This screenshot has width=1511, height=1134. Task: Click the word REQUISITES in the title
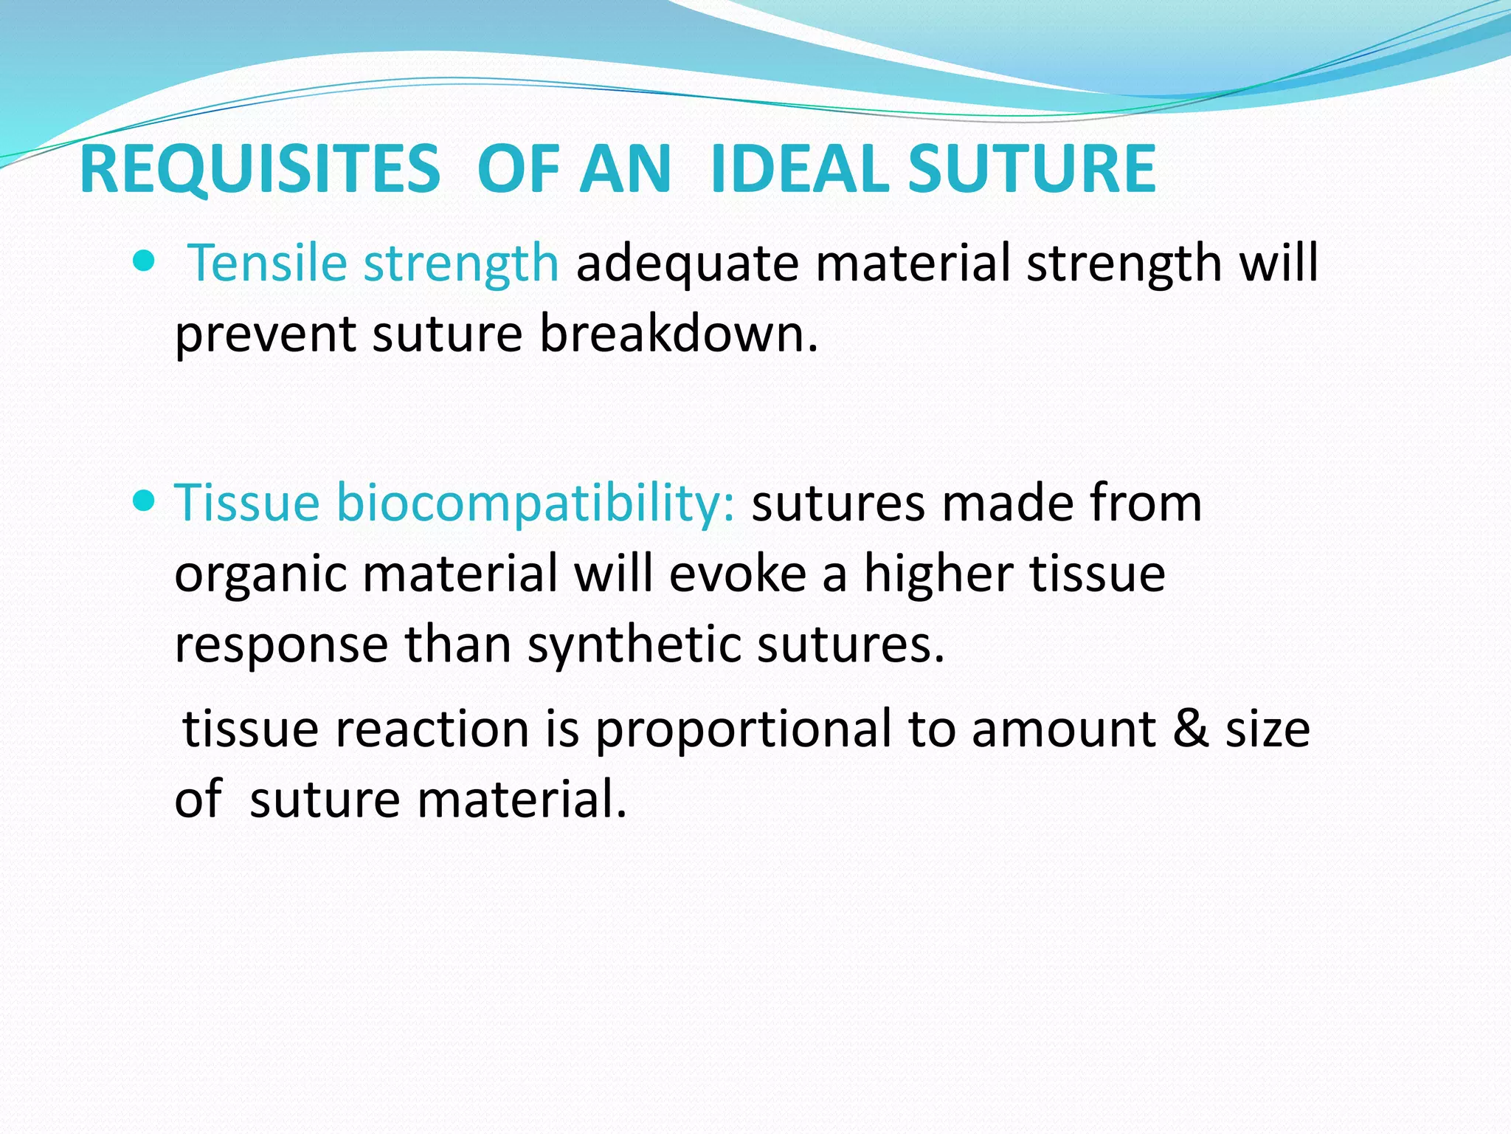click(260, 171)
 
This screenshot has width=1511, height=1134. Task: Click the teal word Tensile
click(267, 263)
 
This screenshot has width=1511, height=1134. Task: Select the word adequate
click(687, 264)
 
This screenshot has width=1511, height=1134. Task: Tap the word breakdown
click(679, 334)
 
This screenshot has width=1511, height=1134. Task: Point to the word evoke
click(737, 574)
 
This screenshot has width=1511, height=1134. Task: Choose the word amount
click(1063, 729)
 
